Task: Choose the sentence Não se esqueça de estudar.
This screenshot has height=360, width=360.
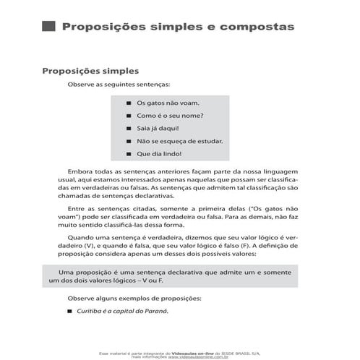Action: [179, 141]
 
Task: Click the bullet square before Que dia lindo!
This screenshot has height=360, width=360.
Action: [129, 154]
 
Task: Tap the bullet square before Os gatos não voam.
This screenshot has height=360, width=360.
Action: [129, 103]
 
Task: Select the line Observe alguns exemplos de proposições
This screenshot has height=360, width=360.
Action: [129, 298]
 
